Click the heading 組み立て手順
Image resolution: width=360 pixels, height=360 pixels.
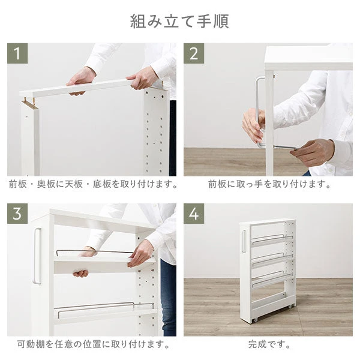pyautogui.click(x=179, y=20)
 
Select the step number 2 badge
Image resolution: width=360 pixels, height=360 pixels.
pyautogui.click(x=194, y=53)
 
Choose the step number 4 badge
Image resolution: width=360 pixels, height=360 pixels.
pyautogui.click(x=194, y=214)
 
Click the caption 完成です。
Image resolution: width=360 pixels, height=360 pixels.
pyautogui.click(x=268, y=344)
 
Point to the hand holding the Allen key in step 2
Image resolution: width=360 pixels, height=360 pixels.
pyautogui.click(x=315, y=152)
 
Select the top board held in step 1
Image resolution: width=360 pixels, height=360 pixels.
pyautogui.click(x=90, y=87)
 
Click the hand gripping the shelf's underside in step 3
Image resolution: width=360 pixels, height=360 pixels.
pyautogui.click(x=82, y=272)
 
